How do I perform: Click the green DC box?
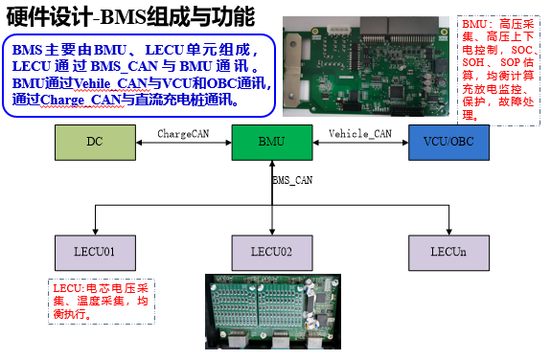tap(94, 142)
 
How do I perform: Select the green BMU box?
tap(271, 142)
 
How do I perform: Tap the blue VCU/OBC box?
tap(448, 142)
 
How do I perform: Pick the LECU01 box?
tap(95, 252)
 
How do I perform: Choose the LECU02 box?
tap(273, 252)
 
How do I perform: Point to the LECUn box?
tap(448, 252)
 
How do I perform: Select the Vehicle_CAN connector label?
tap(359, 133)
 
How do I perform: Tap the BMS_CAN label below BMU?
tap(292, 179)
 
